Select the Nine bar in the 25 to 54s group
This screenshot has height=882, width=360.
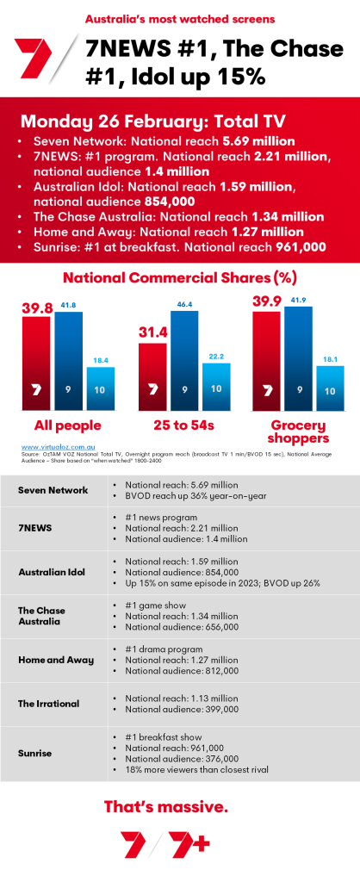click(x=183, y=370)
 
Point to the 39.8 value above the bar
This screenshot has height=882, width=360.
click(x=35, y=306)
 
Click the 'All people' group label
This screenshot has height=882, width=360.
click(x=67, y=425)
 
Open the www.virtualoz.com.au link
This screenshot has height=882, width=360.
click(x=53, y=447)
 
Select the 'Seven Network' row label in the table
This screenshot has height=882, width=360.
click(x=53, y=490)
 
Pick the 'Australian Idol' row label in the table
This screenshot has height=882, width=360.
click(x=53, y=571)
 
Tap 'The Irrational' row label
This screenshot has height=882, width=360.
click(x=50, y=703)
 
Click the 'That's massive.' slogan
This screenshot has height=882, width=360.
click(x=178, y=807)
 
